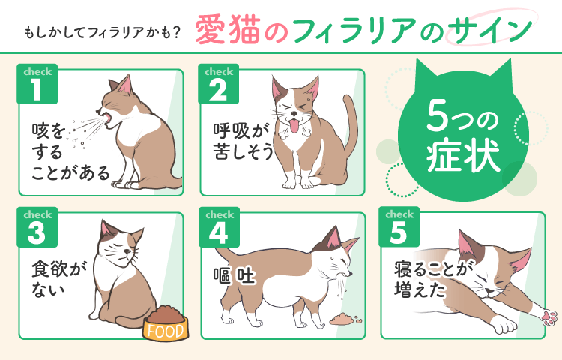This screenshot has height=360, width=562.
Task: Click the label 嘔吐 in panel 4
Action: pos(233,278)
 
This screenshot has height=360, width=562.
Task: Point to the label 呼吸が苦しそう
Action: pos(239,139)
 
